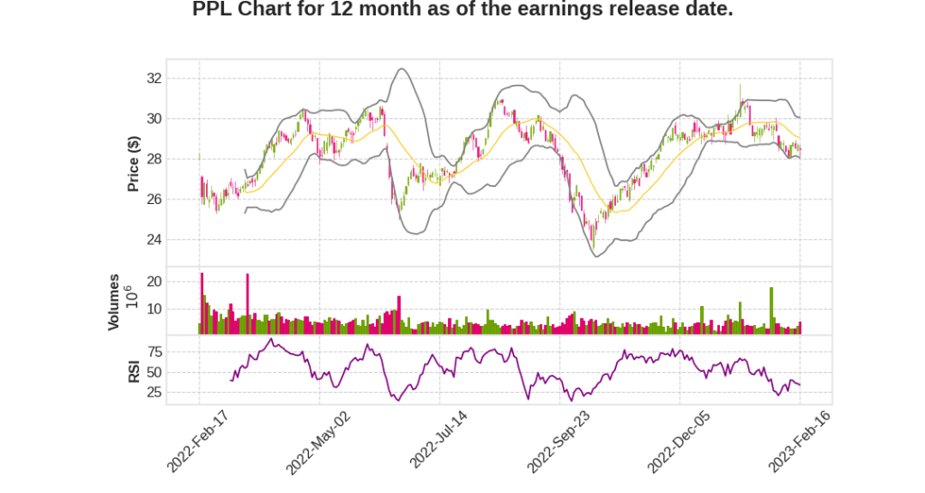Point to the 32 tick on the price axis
(x=179, y=79)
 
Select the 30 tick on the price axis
(x=179, y=119)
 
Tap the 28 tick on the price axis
(x=179, y=159)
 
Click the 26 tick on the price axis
(x=179, y=200)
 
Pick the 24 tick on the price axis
(x=179, y=239)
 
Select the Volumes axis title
(x=114, y=302)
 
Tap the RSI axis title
(x=134, y=371)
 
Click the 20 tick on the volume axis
(x=179, y=282)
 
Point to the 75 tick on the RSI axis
(x=179, y=351)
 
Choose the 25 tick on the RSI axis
(x=179, y=393)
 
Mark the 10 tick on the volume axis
(x=179, y=309)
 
